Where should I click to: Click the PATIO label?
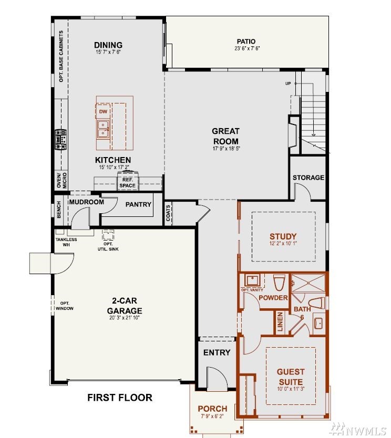246,41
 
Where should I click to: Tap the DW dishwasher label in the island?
103,111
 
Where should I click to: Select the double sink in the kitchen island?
103,129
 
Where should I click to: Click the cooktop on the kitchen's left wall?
60,139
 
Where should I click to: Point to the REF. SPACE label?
128,183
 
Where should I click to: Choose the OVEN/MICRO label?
61,180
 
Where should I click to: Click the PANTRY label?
138,204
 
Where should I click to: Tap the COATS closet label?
168,213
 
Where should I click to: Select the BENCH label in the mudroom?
59,210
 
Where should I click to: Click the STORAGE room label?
308,178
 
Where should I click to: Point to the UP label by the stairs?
288,84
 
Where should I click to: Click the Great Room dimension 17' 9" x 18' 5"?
226,148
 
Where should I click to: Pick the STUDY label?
283,236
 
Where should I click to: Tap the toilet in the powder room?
279,283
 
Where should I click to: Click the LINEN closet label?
280,321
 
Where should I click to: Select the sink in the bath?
318,324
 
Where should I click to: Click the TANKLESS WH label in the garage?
66,242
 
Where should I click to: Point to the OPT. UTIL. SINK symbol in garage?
108,235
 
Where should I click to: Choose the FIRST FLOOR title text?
120,398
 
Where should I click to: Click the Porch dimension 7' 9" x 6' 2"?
212,416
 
